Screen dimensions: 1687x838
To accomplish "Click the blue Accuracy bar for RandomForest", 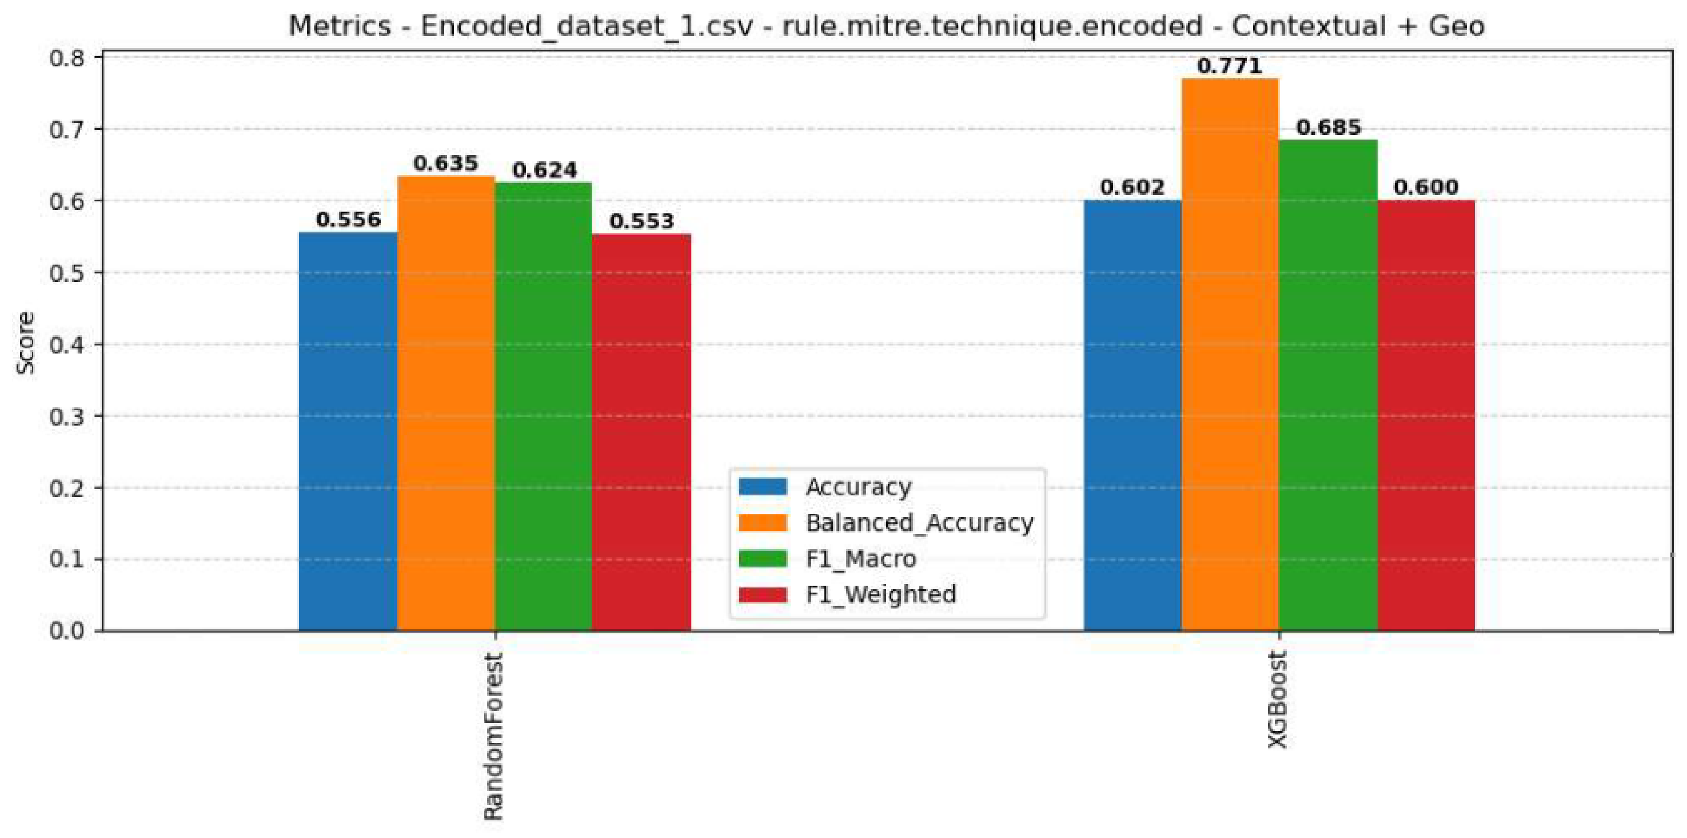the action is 348,431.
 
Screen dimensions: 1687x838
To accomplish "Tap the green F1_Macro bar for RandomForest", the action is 544,406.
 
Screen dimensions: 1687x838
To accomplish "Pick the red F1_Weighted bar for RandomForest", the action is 641,432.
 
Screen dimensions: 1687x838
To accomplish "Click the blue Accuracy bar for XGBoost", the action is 1132,415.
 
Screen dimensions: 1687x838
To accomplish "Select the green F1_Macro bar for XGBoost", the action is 1328,386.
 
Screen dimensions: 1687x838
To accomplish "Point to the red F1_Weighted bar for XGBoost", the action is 1426,415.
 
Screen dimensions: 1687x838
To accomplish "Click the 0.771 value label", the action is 1229,66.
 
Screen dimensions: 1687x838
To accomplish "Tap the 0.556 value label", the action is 348,220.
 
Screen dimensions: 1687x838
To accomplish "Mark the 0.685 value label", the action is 1329,127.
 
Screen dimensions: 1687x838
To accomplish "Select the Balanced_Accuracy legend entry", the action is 887,523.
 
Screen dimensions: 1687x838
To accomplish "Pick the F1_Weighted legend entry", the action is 847,594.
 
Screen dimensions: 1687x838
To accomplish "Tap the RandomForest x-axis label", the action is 493,736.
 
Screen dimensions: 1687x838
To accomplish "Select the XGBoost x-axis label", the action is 1277,700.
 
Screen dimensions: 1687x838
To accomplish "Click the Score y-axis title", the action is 26,343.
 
